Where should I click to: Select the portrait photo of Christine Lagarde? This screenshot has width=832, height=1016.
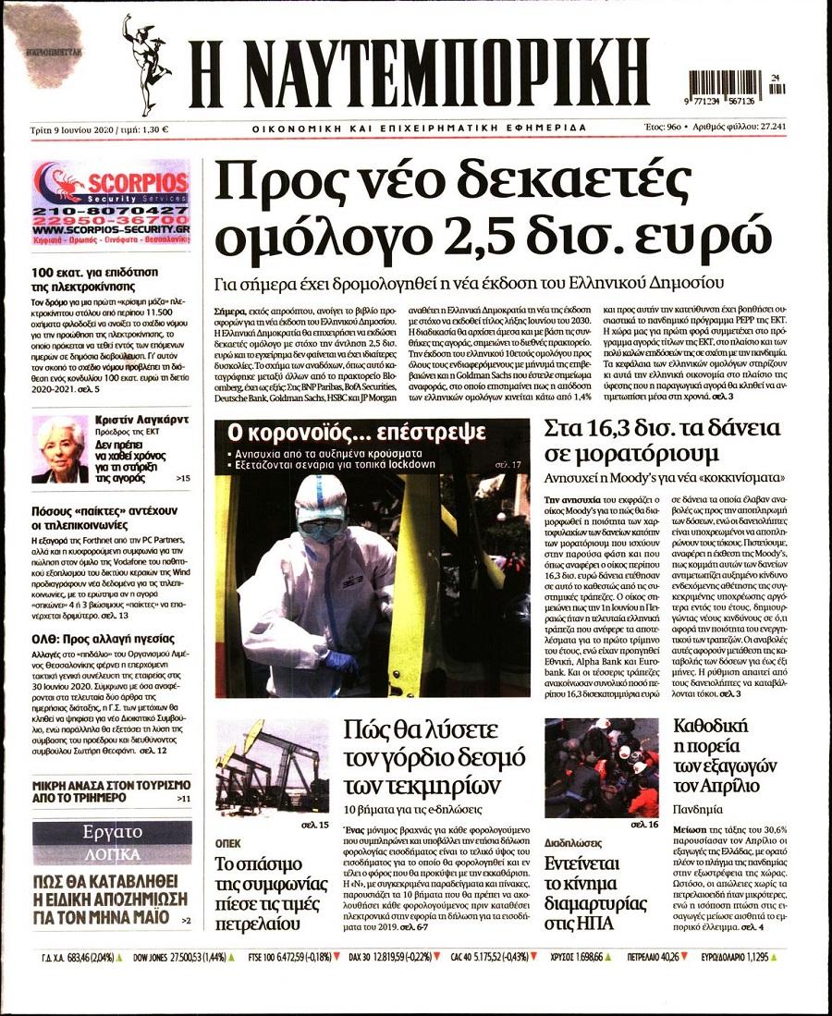tap(59, 448)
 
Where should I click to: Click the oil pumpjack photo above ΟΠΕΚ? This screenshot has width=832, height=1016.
tap(272, 765)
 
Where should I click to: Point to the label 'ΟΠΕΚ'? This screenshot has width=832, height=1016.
tap(228, 843)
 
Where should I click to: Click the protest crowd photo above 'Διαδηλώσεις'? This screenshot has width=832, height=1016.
tap(601, 766)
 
